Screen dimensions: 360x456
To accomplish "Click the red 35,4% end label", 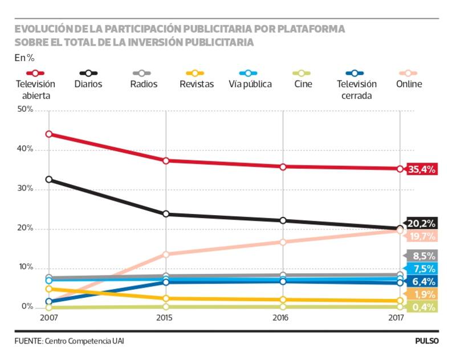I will pyautogui.click(x=421, y=169).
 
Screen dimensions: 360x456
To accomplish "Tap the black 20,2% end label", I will pyautogui.click(x=422, y=224).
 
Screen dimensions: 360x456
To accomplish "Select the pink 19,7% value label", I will pyautogui.click(x=422, y=236).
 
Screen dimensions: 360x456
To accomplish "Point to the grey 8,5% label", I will pyautogui.click(x=422, y=256).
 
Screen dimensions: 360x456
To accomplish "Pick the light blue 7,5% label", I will pyautogui.click(x=422, y=269).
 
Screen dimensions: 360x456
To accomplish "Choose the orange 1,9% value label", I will pyautogui.click(x=422, y=294).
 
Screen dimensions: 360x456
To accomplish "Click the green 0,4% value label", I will pyautogui.click(x=422, y=308).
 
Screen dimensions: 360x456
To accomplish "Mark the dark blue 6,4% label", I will pyautogui.click(x=422, y=281).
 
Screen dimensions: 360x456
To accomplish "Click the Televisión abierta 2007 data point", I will pyautogui.click(x=49, y=134).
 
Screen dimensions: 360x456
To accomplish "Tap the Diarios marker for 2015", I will pyautogui.click(x=166, y=214).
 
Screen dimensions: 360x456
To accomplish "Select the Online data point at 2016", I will pyautogui.click(x=283, y=242).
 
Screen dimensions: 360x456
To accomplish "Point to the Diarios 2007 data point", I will pyautogui.click(x=49, y=179).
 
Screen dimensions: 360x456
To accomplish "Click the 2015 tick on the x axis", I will pyautogui.click(x=166, y=318).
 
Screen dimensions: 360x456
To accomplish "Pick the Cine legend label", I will pyautogui.click(x=303, y=84).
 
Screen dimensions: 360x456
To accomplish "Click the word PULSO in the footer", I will pyautogui.click(x=427, y=341).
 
